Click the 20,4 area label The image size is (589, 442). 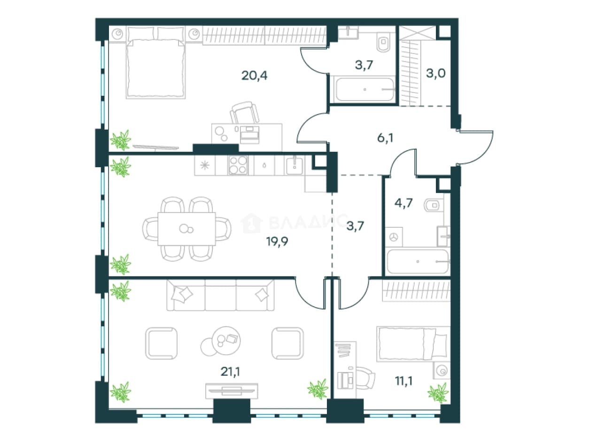click(x=254, y=76)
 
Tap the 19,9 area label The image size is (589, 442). click(x=277, y=241)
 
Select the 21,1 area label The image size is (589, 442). click(x=230, y=372)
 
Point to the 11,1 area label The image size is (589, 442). click(x=403, y=381)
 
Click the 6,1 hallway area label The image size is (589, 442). click(x=385, y=138)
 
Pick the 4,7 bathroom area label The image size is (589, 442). click(x=403, y=203)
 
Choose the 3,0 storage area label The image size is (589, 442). click(x=436, y=73)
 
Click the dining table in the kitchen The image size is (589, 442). click(x=186, y=229)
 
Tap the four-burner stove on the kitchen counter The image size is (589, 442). click(x=238, y=165)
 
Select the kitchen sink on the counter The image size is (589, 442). click(x=294, y=165)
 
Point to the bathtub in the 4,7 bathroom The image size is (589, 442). click(x=418, y=261)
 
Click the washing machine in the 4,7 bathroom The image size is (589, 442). click(x=394, y=237)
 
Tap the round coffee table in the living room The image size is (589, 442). click(x=226, y=341)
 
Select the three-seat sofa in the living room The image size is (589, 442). click(x=220, y=295)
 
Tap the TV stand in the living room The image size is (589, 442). click(x=232, y=391)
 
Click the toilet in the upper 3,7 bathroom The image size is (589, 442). click(x=384, y=42)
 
